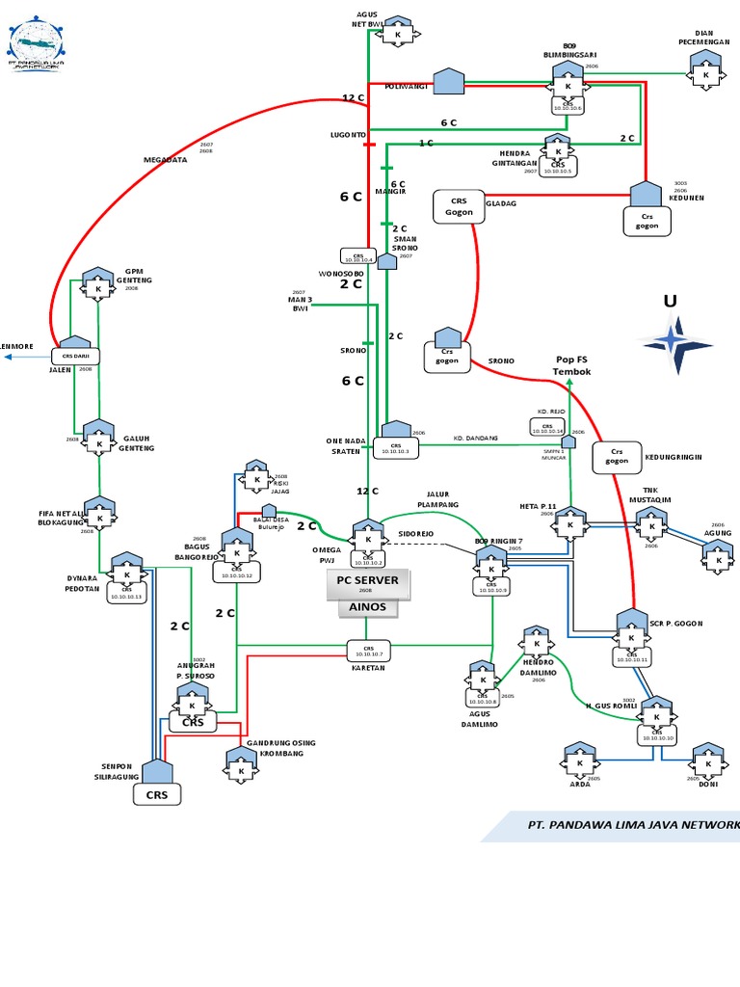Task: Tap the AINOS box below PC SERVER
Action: point(367,607)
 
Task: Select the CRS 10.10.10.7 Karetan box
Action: point(367,652)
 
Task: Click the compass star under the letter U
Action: point(678,342)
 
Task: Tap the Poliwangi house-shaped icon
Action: point(448,82)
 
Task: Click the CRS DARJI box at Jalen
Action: point(76,355)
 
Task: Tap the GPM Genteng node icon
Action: point(97,286)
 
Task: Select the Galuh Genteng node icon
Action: point(98,439)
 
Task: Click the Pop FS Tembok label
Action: point(571,365)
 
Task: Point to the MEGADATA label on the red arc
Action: point(165,160)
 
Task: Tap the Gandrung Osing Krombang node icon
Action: point(240,767)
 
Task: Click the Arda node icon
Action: point(579,761)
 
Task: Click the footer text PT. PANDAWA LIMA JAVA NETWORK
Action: point(632,825)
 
